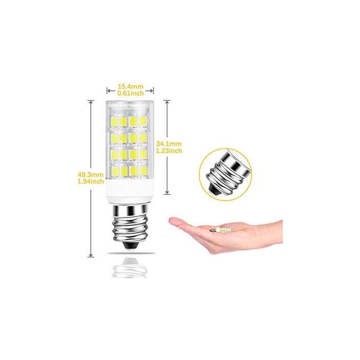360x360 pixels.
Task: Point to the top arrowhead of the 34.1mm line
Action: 167,101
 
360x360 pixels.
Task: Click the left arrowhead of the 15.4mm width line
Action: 108,91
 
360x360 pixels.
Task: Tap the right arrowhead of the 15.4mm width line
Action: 152,91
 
